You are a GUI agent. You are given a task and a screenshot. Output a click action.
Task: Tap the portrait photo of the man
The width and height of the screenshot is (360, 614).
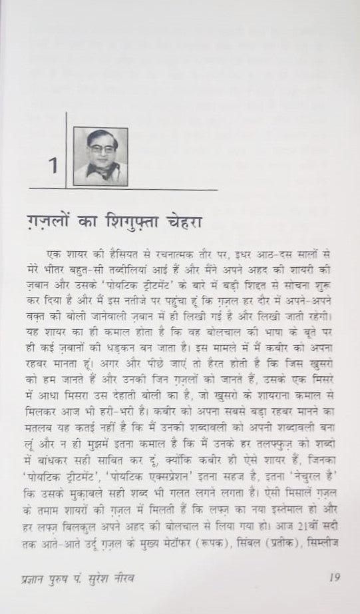pos(100,156)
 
